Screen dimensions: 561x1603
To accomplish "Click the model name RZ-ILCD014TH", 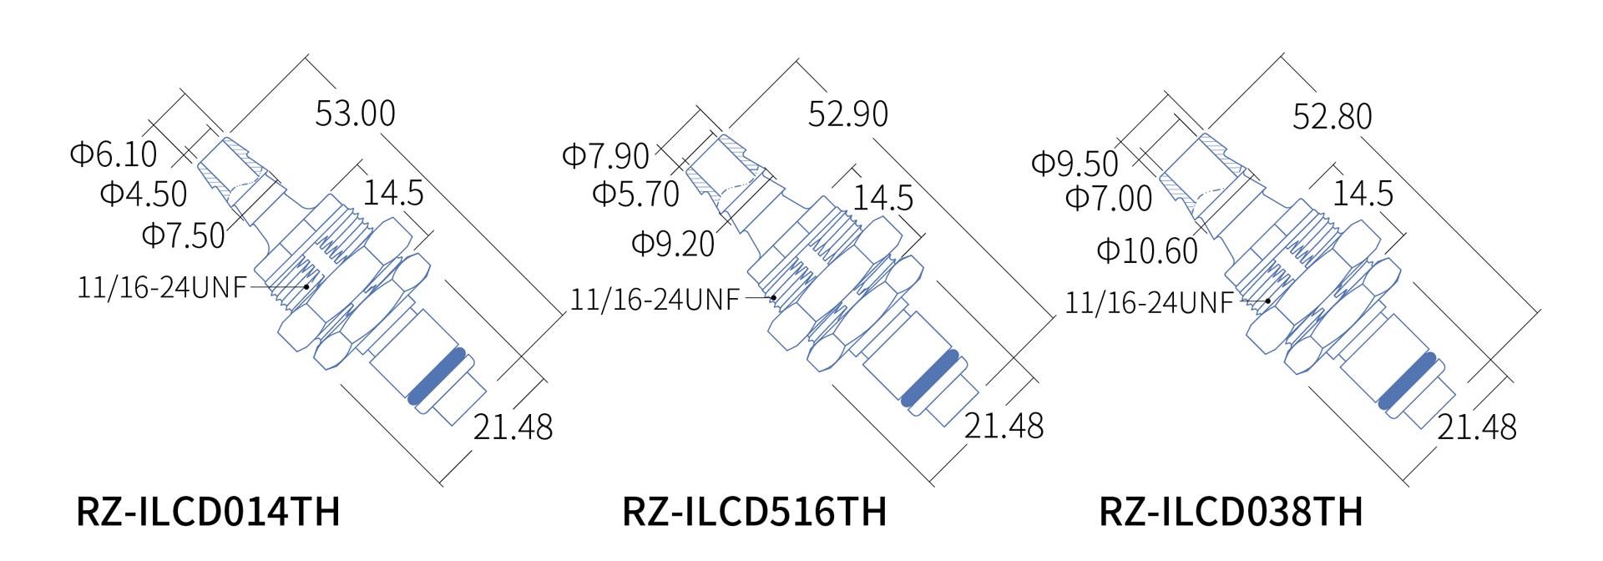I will click(208, 511).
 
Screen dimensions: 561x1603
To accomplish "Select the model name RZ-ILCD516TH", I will click(754, 511).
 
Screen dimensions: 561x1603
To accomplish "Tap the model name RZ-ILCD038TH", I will click(1231, 511).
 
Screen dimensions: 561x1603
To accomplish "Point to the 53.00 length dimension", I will click(355, 114).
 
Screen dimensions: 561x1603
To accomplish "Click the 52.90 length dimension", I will click(847, 114).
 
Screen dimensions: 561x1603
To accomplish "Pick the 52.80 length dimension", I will click(1332, 117).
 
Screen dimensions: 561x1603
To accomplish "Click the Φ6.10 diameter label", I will click(114, 154).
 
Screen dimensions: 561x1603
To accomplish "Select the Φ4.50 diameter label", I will click(144, 195).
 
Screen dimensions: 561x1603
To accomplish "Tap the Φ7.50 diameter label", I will click(184, 235).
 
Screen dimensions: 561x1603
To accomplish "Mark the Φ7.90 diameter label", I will click(605, 156).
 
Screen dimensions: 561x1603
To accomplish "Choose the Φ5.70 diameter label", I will click(635, 195).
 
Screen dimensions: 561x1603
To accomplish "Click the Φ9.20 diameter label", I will click(673, 244).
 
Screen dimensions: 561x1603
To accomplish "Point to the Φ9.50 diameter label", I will click(1075, 164).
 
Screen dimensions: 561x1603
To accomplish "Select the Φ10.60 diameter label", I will click(1147, 250).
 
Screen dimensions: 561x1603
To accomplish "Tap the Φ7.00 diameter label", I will click(1109, 199).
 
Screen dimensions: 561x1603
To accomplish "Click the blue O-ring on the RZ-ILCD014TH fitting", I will click(437, 376).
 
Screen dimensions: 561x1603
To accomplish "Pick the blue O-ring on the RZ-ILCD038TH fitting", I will click(1407, 381).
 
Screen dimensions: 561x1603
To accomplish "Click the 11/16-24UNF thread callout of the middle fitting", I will click(655, 300).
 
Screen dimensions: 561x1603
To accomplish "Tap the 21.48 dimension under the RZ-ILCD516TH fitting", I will click(1004, 427).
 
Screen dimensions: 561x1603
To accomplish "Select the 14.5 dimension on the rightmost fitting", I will click(1363, 194).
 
